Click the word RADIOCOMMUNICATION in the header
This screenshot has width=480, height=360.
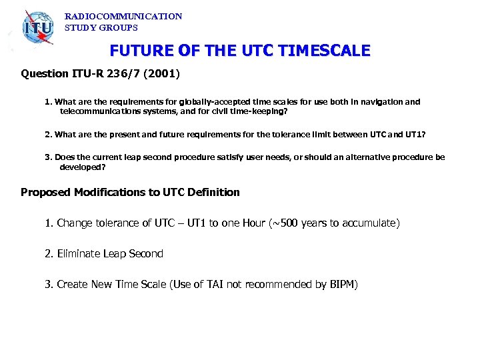coord(123,16)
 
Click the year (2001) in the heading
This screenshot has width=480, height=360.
coord(163,74)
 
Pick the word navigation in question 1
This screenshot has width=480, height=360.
coord(381,102)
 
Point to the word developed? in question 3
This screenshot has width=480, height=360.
coord(83,167)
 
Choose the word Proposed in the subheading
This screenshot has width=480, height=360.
coord(46,193)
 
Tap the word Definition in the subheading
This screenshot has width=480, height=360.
coord(213,193)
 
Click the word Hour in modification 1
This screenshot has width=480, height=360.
coord(253,223)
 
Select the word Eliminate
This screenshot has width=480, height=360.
coord(79,254)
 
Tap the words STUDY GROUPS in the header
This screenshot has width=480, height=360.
coord(101,28)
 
